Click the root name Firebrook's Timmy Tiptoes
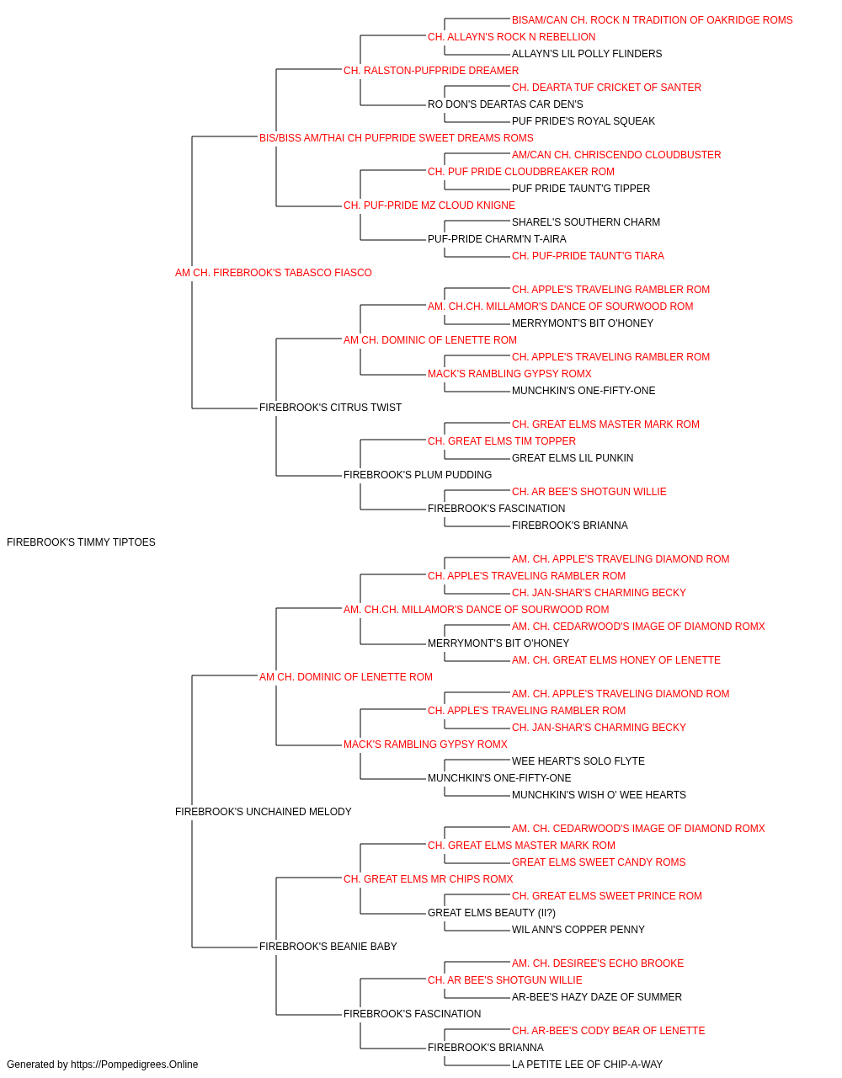tap(81, 542)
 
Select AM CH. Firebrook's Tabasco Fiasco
tap(273, 273)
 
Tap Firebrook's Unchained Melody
tap(264, 812)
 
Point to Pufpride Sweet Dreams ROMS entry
tap(397, 138)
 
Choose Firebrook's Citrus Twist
tap(330, 408)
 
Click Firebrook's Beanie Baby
tap(328, 947)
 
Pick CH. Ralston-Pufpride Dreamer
tap(431, 71)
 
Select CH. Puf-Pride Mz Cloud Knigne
tap(429, 205)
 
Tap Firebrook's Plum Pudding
tap(418, 475)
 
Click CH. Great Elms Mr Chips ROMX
tap(429, 879)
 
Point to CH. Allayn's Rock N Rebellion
tap(512, 37)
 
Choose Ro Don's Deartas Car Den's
tap(505, 104)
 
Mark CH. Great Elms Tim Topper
tap(502, 441)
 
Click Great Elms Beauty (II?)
tap(492, 913)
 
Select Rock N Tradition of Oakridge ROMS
tap(652, 20)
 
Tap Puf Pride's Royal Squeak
tap(584, 121)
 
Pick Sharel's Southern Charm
tap(586, 222)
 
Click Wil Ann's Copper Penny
tap(578, 930)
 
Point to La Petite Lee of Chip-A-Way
tap(587, 1065)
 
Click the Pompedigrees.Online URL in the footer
tap(135, 1065)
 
